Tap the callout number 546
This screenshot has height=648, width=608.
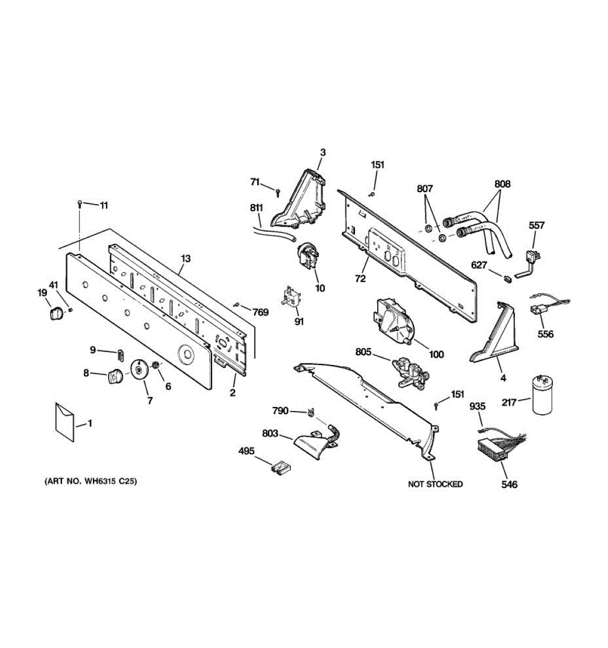pyautogui.click(x=509, y=484)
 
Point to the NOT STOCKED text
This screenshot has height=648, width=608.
pyautogui.click(x=435, y=484)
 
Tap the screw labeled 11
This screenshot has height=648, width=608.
pyautogui.click(x=79, y=204)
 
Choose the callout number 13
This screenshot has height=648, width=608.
pyautogui.click(x=185, y=259)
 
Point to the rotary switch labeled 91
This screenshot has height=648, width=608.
pyautogui.click(x=291, y=299)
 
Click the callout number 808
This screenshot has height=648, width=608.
pyautogui.click(x=502, y=184)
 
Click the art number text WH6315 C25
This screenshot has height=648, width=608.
pyautogui.click(x=90, y=481)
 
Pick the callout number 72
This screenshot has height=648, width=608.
pyautogui.click(x=360, y=279)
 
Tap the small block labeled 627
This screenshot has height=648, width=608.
pyautogui.click(x=507, y=279)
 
